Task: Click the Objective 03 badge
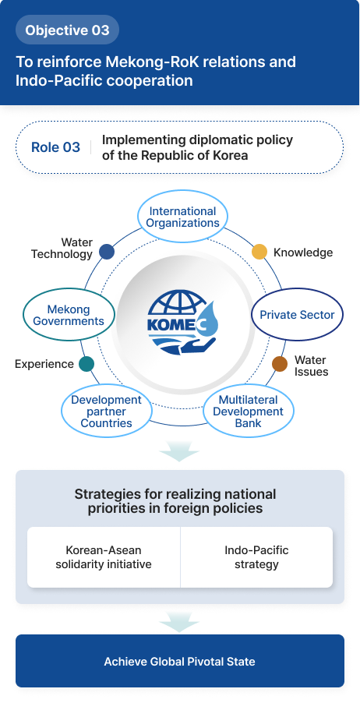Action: tap(67, 30)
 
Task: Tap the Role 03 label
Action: tap(55, 147)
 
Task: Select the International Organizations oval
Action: tap(183, 217)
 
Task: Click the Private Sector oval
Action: tap(297, 315)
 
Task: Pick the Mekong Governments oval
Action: tap(69, 315)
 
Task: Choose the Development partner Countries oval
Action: tap(106, 412)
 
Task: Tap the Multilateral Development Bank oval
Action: tap(248, 412)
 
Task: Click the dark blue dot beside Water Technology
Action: tap(107, 252)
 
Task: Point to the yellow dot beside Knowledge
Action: tap(259, 252)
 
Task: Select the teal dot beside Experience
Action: tap(86, 364)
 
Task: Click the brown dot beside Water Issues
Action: tap(280, 364)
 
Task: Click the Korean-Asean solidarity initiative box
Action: tap(104, 557)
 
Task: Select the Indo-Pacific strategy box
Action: tap(256, 557)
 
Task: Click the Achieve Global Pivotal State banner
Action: tap(180, 662)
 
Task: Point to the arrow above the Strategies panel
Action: tap(180, 452)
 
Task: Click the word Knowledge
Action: tap(303, 253)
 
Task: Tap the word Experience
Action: tap(44, 364)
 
